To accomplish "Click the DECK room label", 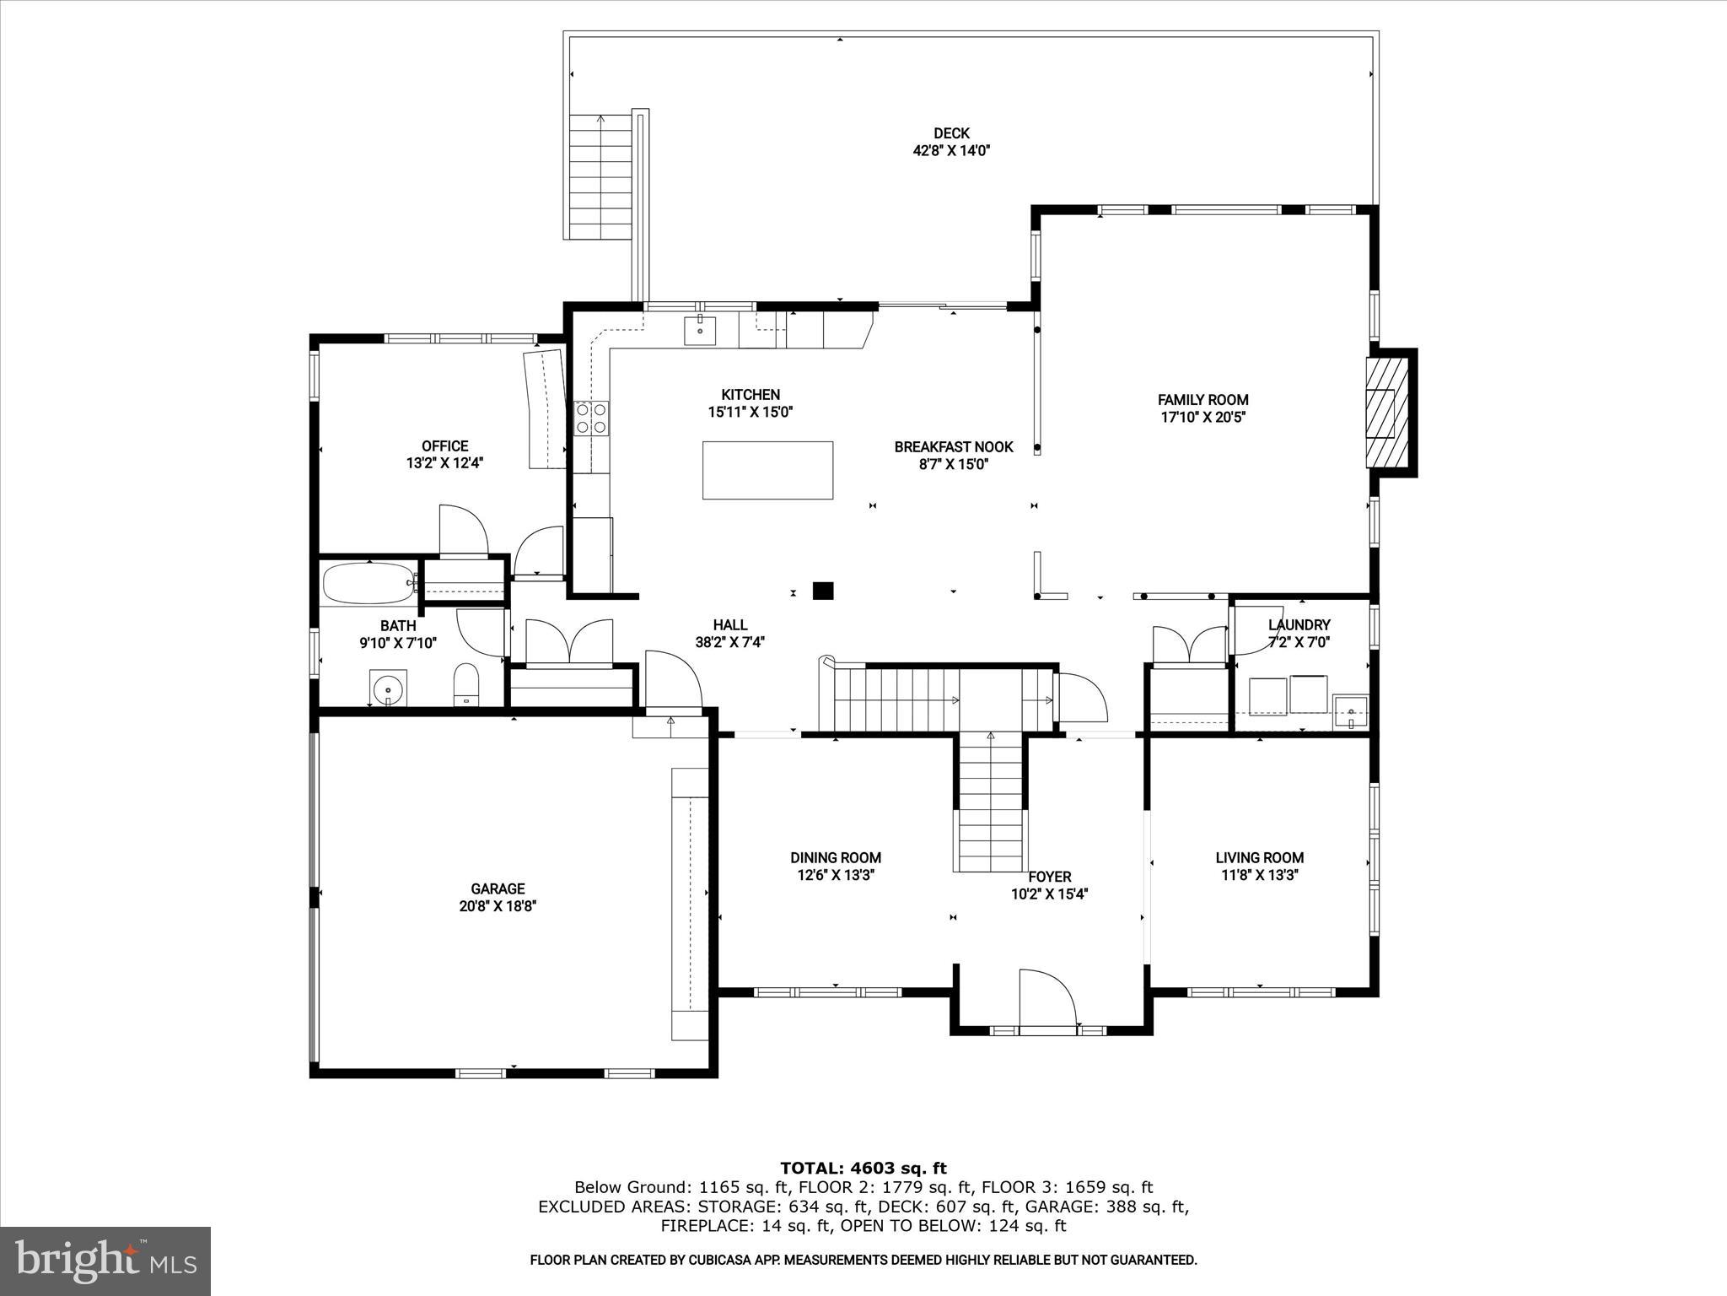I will coord(951,133).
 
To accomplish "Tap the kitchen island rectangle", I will coord(767,470).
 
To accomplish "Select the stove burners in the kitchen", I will coord(591,418).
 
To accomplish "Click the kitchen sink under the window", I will coord(700,330).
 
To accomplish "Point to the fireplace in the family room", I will coord(1387,413).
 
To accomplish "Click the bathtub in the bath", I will coord(368,583).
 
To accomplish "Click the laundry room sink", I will coord(1350,710).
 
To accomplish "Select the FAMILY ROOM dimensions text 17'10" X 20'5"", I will coord(1203,417).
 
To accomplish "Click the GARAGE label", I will coord(498,888).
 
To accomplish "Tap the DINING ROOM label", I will coord(835,857).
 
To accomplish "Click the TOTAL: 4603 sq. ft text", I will coord(863,1168).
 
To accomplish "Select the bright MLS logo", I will coord(105,1261).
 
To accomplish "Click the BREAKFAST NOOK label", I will coord(953,446).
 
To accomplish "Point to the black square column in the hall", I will coord(823,591).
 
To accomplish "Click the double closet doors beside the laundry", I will coord(1189,645).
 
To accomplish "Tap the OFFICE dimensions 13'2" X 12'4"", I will coord(444,462).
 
